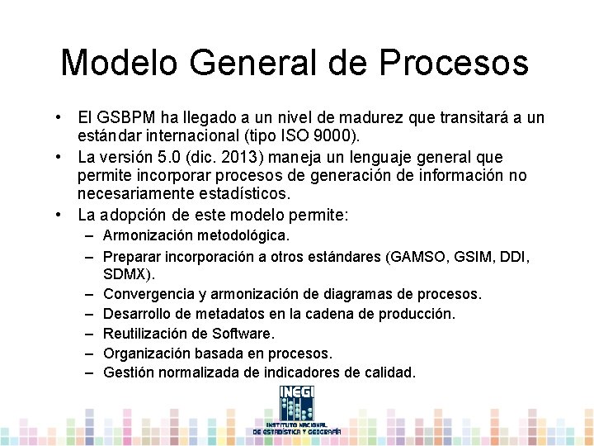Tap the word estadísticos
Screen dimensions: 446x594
(243, 194)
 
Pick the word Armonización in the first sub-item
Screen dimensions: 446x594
(147, 236)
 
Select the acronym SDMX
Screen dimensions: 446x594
(125, 273)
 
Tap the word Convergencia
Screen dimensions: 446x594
(150, 293)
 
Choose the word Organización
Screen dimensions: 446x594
(144, 353)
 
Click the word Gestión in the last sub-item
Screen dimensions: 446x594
(126, 372)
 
